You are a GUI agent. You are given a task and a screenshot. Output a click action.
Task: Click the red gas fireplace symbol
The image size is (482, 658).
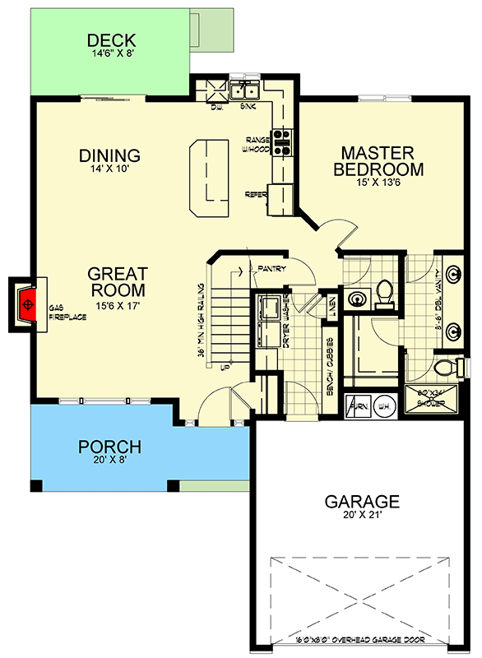click(x=29, y=305)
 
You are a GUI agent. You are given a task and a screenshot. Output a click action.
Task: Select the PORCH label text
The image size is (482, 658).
click(x=109, y=447)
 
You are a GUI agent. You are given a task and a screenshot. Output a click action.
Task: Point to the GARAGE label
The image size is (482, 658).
click(x=361, y=501)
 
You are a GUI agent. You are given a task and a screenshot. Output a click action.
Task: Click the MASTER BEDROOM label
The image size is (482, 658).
click(x=382, y=161)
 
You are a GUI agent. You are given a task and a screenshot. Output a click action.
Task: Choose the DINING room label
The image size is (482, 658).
click(x=109, y=155)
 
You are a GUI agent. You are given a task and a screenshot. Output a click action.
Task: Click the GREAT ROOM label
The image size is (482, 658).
click(x=118, y=282)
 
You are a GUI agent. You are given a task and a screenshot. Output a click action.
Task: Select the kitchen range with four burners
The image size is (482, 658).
click(x=282, y=143)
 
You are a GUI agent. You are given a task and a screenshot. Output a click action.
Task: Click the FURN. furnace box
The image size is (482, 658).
click(x=359, y=405)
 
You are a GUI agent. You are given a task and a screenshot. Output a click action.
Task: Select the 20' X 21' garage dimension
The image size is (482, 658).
click(x=361, y=517)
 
